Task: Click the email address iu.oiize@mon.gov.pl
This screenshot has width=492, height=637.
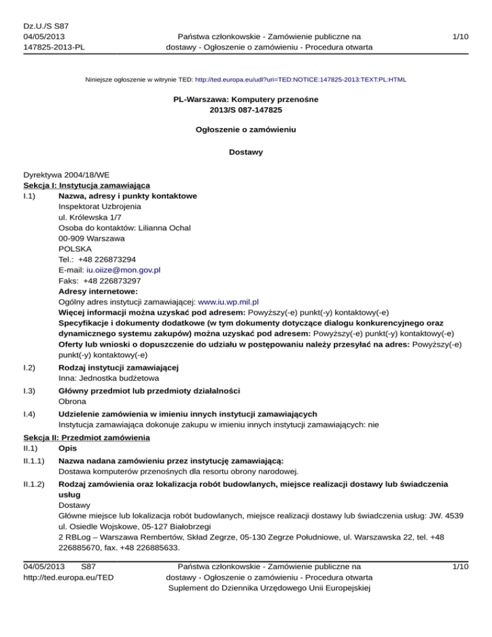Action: click(123, 270)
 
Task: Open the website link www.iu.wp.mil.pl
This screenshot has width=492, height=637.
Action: click(229, 301)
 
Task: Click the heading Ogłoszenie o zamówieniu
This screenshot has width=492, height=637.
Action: click(246, 129)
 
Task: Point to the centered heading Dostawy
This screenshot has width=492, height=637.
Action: click(246, 152)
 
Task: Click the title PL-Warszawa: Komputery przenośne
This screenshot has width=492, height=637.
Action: click(246, 100)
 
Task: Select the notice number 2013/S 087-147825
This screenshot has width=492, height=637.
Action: click(246, 110)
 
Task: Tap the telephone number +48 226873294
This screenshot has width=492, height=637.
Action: click(113, 260)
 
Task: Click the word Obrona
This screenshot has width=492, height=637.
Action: click(72, 402)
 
